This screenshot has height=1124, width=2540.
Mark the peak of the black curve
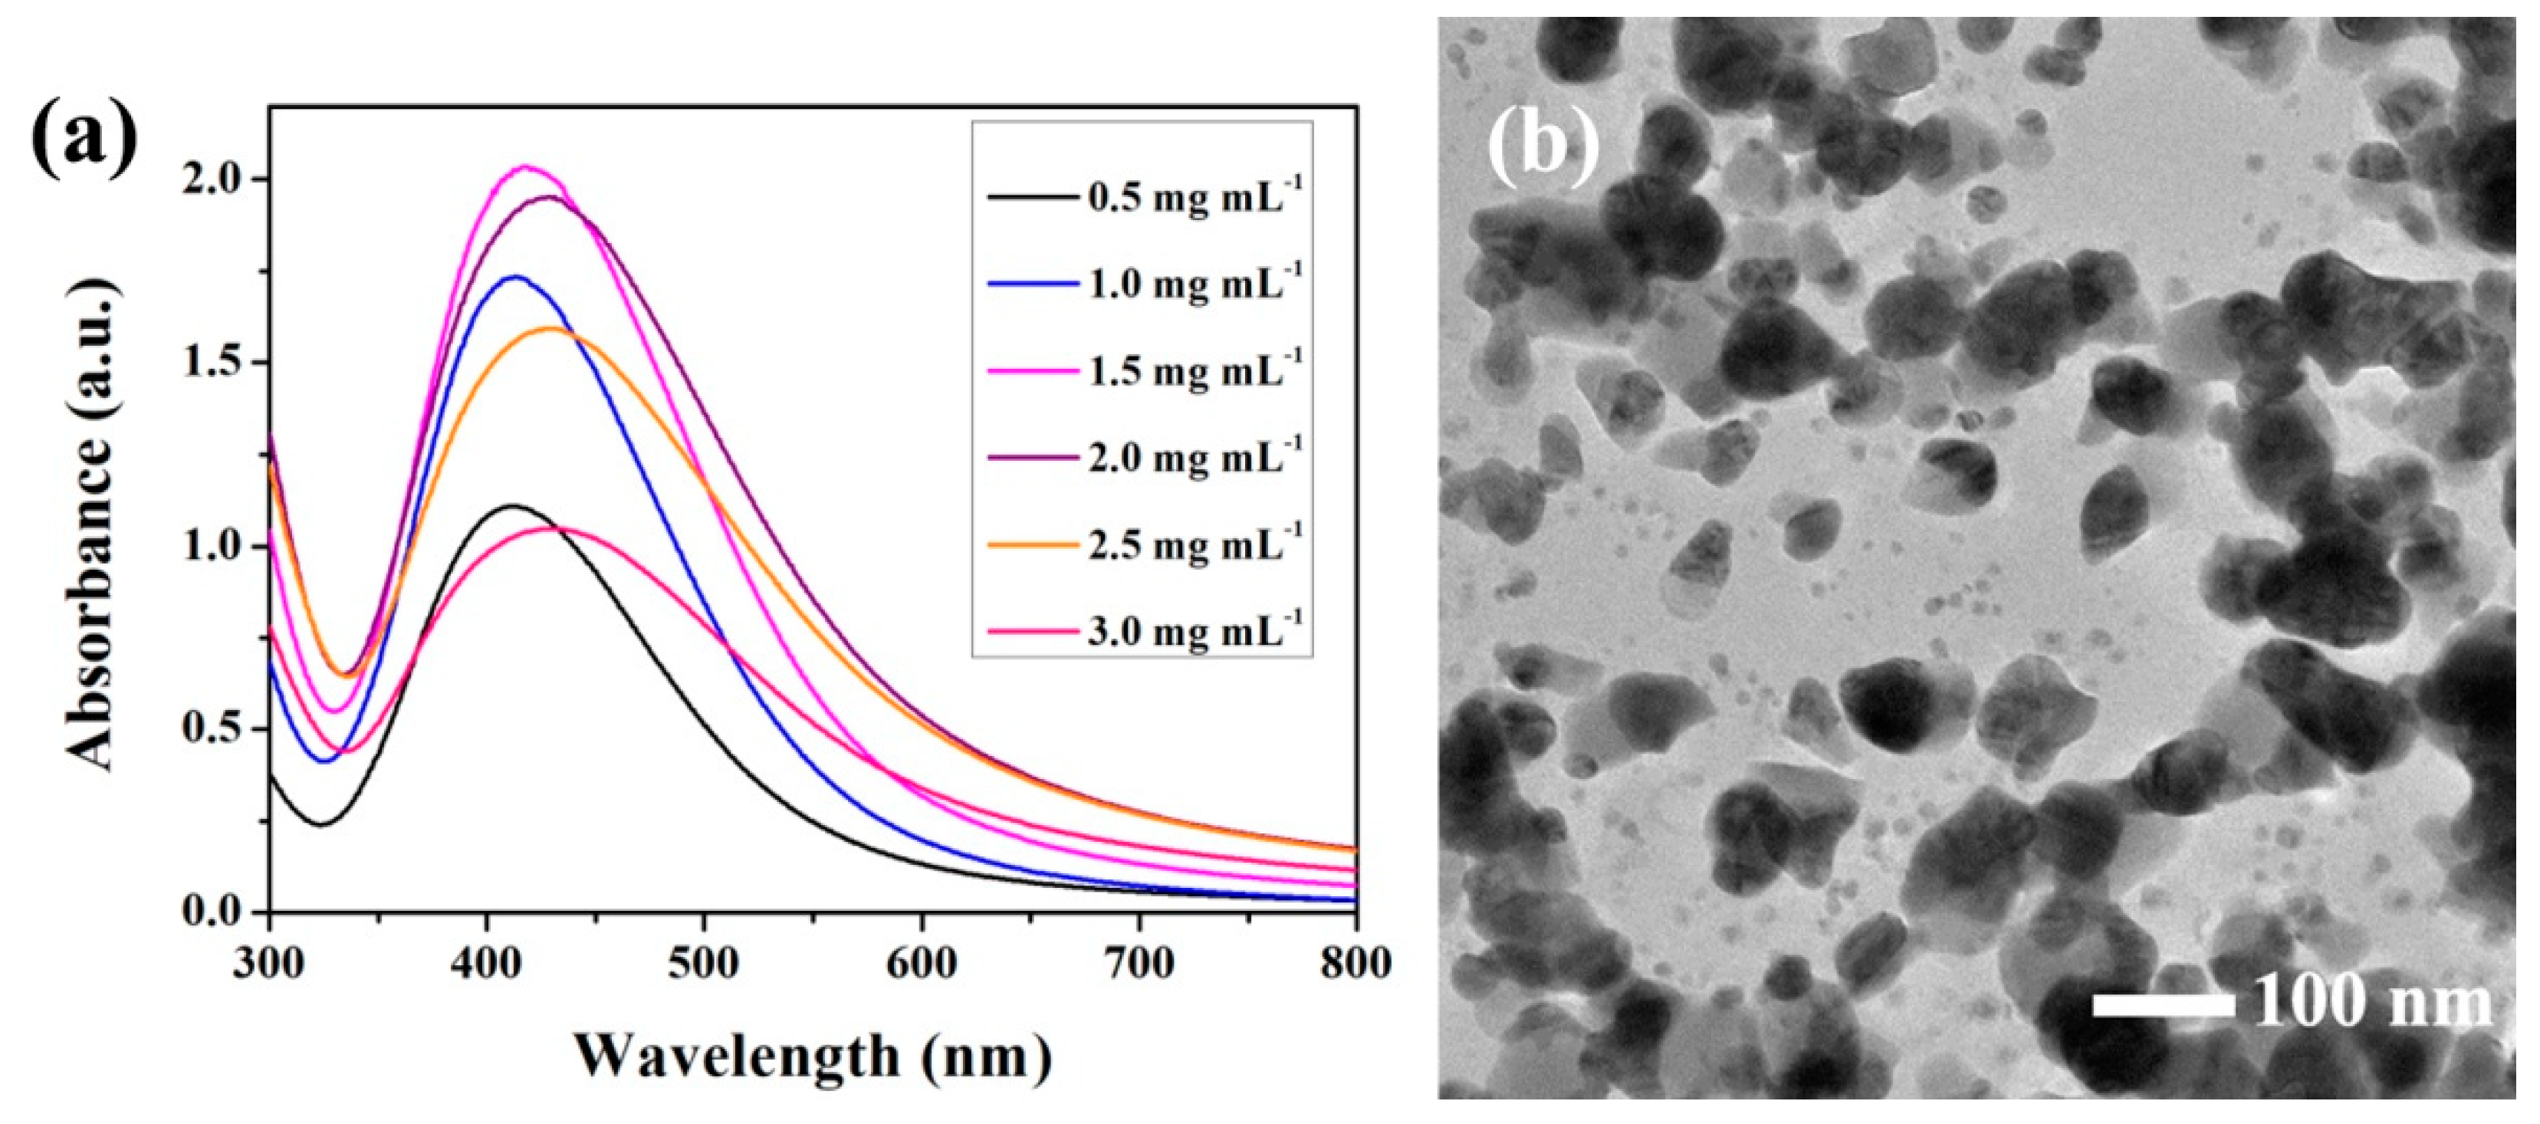[513, 506]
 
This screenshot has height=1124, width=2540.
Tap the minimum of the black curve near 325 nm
[321, 824]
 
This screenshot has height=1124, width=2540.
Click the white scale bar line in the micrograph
[2162, 1004]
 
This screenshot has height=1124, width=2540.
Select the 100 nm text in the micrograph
[2371, 1003]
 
